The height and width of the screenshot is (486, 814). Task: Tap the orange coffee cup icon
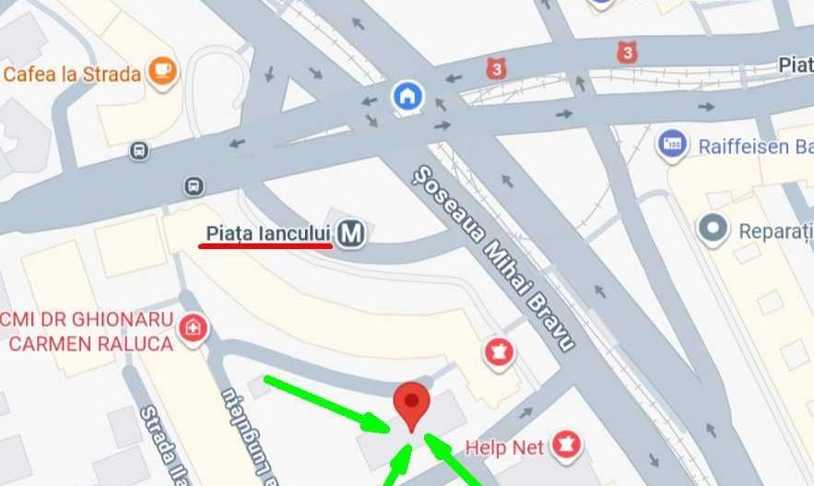[x=162, y=71]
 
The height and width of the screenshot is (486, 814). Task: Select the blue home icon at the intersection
[x=407, y=95]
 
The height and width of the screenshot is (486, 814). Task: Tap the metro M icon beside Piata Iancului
[x=350, y=234]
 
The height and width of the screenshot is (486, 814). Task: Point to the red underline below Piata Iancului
[x=265, y=246]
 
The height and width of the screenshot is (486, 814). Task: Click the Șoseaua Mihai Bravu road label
[x=494, y=257]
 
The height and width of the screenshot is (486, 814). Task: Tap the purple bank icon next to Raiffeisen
[x=673, y=145]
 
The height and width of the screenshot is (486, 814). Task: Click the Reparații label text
[x=775, y=231]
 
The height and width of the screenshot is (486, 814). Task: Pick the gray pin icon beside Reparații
[x=713, y=229]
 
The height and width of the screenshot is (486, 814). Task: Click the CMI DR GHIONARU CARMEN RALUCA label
[x=88, y=331]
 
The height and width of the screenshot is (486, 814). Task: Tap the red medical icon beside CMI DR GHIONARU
[x=193, y=326]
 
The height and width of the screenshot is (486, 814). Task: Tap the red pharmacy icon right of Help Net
[x=562, y=447]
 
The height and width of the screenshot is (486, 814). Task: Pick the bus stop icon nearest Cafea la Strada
[x=139, y=149]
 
